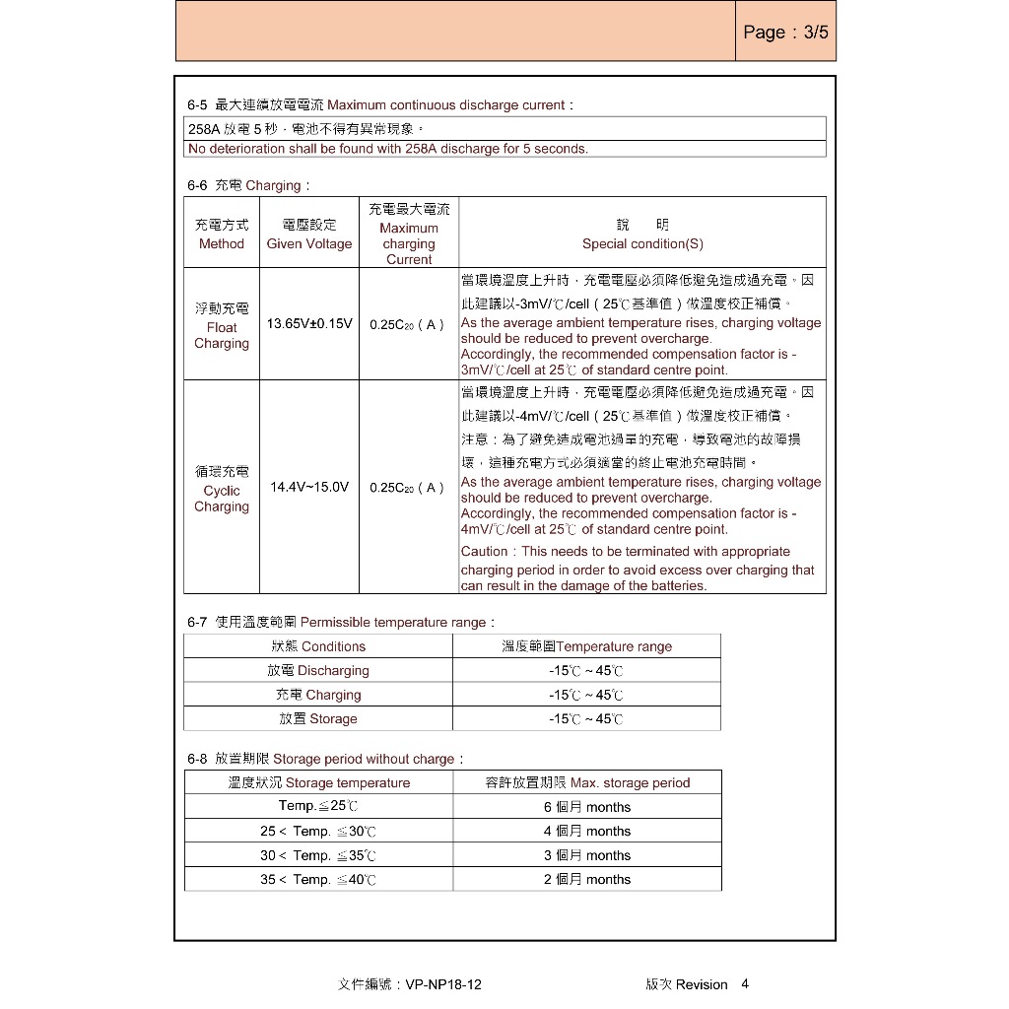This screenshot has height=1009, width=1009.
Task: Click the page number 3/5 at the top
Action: (x=785, y=33)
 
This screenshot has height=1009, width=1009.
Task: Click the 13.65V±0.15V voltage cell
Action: (x=309, y=323)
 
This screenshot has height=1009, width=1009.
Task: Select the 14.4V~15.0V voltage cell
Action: (x=309, y=487)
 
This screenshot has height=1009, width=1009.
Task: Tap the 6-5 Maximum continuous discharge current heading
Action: (x=380, y=104)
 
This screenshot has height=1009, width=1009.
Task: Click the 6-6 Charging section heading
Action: (x=249, y=185)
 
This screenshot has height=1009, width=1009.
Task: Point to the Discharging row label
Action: (x=318, y=671)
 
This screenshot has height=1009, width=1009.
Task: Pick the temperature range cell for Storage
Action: (x=586, y=719)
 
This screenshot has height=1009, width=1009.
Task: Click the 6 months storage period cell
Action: (x=586, y=807)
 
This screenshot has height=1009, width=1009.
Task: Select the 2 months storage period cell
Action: (x=586, y=880)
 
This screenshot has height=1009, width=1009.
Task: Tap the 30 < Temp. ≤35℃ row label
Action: (x=318, y=856)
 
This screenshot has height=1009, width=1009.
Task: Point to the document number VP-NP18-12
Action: (x=442, y=984)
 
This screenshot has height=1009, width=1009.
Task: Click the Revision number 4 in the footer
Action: (x=745, y=983)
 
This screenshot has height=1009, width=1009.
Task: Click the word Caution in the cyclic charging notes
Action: (x=485, y=552)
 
